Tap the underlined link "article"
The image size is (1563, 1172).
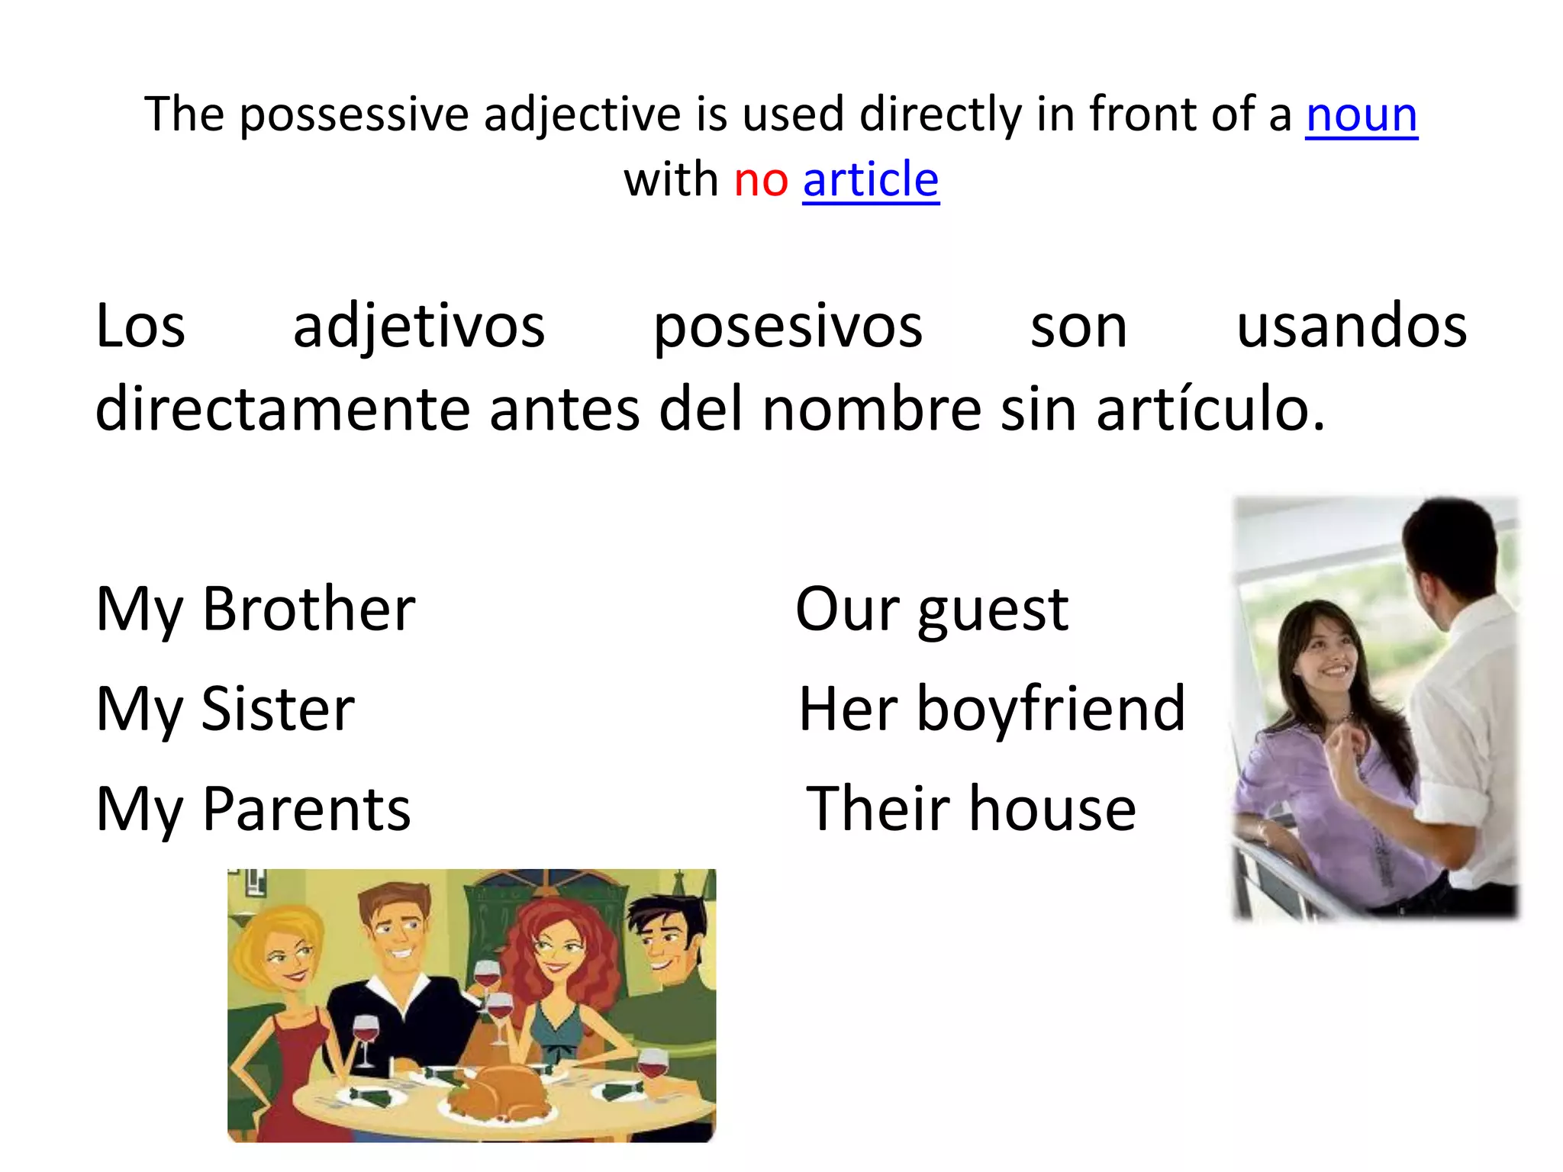click(871, 180)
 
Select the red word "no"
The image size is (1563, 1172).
click(760, 180)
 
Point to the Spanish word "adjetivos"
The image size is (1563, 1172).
click(419, 327)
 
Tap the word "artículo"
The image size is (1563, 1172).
click(1210, 409)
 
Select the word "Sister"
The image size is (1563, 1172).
click(279, 709)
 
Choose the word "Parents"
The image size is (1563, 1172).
click(307, 809)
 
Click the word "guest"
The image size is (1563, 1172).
click(993, 610)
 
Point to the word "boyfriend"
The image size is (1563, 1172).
click(1051, 709)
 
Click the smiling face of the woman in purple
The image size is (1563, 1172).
click(1329, 655)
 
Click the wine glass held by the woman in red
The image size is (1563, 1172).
click(365, 1034)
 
